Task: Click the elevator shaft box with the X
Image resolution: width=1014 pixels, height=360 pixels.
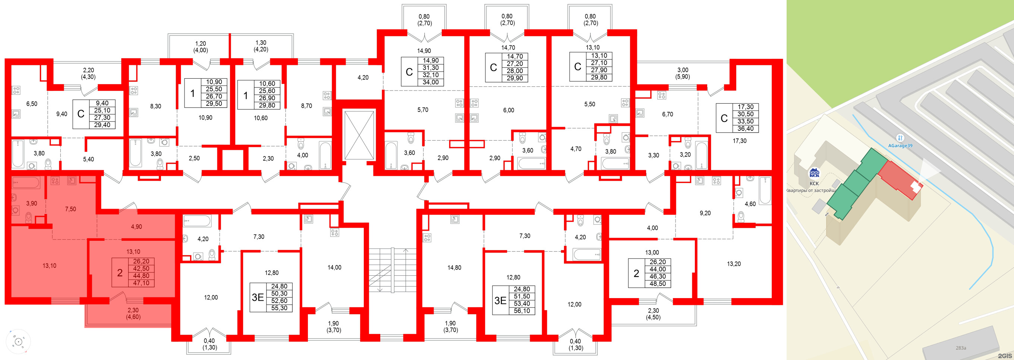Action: tap(359, 135)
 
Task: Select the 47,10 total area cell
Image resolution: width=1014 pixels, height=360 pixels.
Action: tap(141, 283)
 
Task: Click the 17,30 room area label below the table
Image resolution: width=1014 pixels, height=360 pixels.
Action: tap(739, 140)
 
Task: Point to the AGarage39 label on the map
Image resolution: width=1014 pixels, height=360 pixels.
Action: tap(900, 145)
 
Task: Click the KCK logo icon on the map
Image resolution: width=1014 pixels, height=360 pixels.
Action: tap(814, 173)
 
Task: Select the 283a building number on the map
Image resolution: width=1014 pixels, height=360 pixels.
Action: tap(960, 348)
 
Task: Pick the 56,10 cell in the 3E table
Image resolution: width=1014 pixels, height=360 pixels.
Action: tap(522, 311)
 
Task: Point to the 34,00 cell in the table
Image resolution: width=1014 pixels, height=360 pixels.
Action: tap(430, 82)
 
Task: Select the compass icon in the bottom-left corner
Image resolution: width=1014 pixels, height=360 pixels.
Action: tap(18, 341)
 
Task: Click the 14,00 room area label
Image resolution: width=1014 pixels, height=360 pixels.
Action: tap(334, 268)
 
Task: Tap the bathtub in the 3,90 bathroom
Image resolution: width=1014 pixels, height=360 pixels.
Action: tap(26, 183)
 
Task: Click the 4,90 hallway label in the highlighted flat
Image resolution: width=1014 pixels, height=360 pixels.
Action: tap(136, 227)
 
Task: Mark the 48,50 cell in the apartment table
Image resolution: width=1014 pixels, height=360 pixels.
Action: tap(657, 284)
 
